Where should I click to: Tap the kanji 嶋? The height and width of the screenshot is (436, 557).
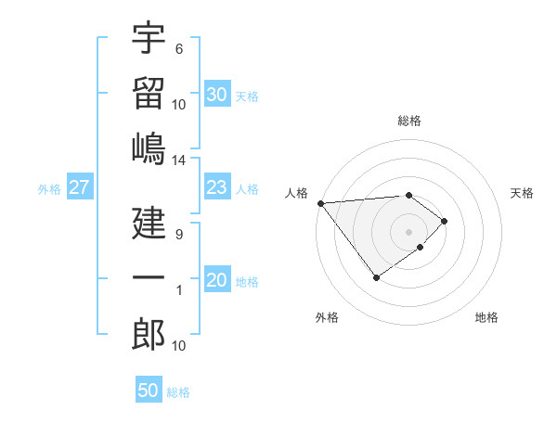pyautogui.click(x=149, y=148)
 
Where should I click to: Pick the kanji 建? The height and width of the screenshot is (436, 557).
pyautogui.click(x=149, y=224)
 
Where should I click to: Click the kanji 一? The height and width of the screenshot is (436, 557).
pyautogui.click(x=149, y=278)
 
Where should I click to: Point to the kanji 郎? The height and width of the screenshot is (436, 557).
pyautogui.click(x=149, y=334)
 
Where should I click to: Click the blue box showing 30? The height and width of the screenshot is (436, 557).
pyautogui.click(x=216, y=95)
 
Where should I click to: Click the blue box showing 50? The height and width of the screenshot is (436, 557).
pyautogui.click(x=149, y=391)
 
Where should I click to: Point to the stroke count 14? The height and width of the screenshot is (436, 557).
pyautogui.click(x=178, y=160)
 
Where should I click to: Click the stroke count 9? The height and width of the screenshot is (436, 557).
pyautogui.click(x=178, y=235)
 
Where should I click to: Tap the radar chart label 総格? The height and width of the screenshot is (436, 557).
pyautogui.click(x=408, y=121)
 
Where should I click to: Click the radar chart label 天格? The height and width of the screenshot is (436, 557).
pyautogui.click(x=522, y=193)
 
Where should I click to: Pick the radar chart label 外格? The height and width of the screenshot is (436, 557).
pyautogui.click(x=327, y=318)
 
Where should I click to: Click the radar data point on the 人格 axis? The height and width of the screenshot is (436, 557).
pyautogui.click(x=319, y=203)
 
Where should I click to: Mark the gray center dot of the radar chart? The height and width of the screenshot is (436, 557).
pyautogui.click(x=408, y=230)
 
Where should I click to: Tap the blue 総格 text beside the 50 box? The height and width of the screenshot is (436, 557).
pyautogui.click(x=179, y=392)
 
